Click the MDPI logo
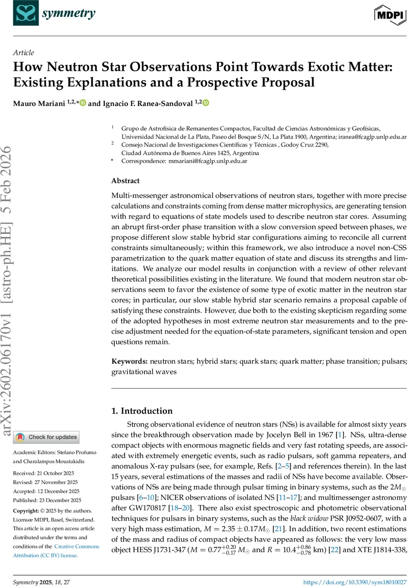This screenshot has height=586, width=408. [x=390, y=15]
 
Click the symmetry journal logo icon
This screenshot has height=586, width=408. [x=25, y=13]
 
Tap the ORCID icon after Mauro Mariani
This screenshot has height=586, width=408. [x=83, y=103]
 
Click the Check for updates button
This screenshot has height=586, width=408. [x=46, y=437]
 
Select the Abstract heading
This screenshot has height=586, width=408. [x=125, y=181]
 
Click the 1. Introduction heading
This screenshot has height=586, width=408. [x=142, y=411]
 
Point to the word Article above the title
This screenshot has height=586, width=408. [x=23, y=53]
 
